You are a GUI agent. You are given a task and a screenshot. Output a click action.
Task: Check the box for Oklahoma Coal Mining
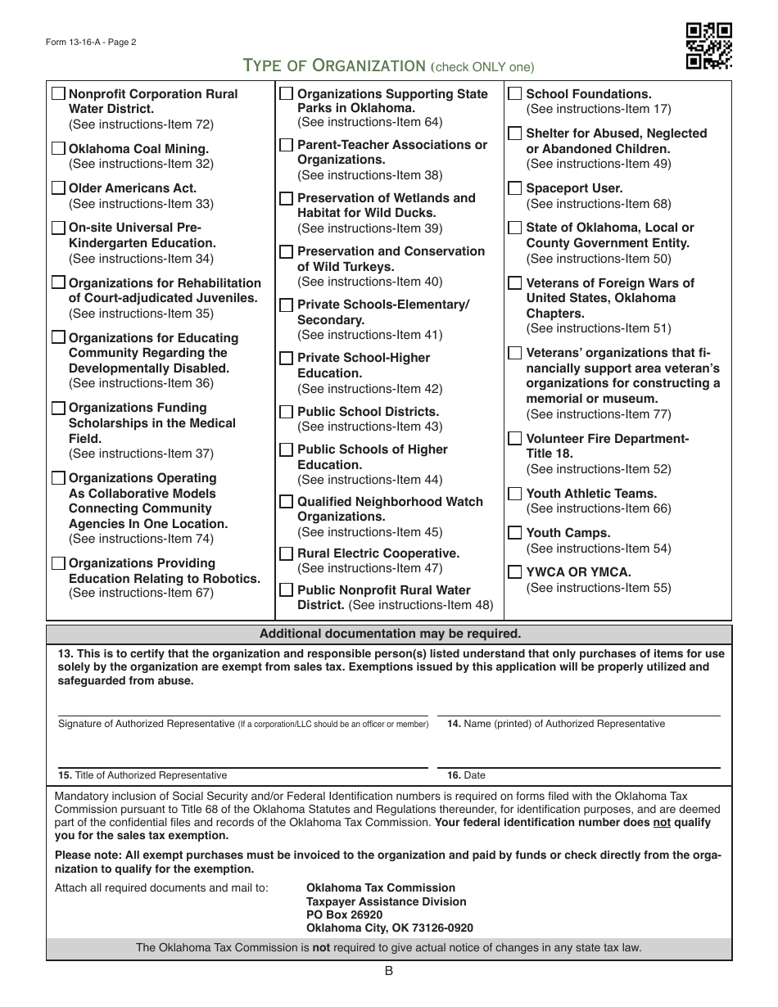59,149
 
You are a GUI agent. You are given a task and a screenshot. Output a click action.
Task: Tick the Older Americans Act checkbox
59,188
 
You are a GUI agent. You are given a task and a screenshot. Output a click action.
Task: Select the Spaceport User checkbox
515,188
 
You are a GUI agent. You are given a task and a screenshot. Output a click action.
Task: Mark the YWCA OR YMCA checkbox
515,572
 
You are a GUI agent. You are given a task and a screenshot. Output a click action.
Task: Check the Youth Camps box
515,533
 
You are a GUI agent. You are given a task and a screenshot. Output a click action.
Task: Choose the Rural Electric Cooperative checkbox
287,553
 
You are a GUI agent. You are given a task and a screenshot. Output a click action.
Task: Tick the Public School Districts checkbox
287,412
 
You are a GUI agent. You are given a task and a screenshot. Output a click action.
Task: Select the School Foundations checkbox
515,94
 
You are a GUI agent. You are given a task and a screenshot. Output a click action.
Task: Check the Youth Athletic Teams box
515,494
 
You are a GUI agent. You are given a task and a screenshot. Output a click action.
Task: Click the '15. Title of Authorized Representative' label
142,775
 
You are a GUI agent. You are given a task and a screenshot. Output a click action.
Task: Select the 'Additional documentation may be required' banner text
389,634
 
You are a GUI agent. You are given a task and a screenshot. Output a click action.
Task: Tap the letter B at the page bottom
389,971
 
